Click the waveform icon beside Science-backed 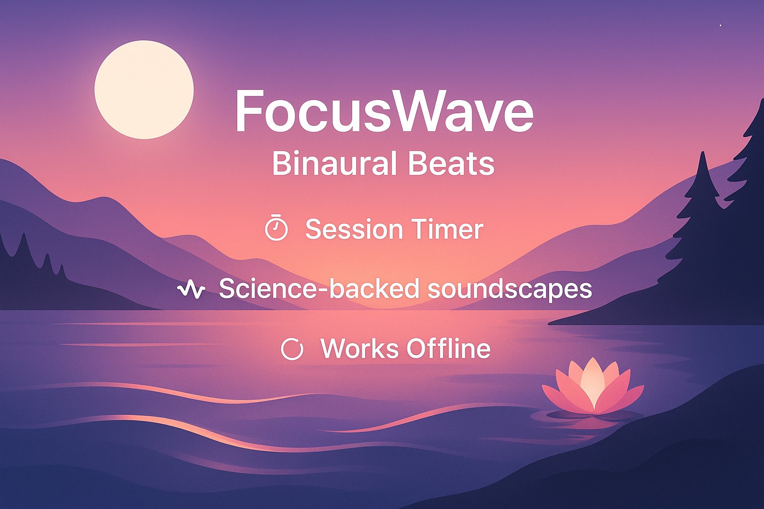(191, 289)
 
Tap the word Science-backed (318, 288)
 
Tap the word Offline (447, 348)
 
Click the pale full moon (144, 89)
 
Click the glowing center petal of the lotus (593, 383)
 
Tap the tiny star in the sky (720, 25)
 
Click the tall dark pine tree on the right (703, 239)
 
